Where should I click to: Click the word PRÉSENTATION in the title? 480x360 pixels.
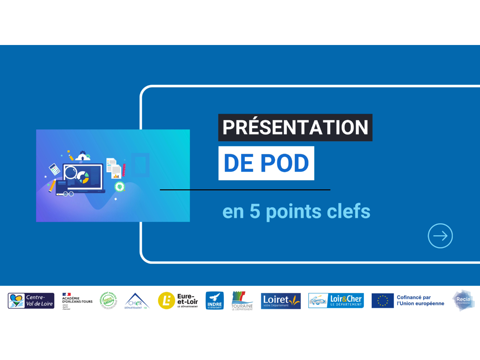tap(295, 128)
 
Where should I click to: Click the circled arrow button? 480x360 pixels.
tap(440, 236)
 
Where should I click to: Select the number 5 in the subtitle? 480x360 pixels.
tap(255, 211)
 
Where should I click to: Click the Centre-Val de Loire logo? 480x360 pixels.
tap(31, 301)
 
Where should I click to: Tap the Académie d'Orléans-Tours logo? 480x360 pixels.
tap(77, 301)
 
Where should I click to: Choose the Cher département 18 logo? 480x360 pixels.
tap(136, 301)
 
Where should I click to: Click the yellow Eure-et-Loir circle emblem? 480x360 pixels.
tap(166, 301)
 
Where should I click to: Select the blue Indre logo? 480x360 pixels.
tap(215, 301)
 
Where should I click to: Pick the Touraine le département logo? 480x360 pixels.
tap(242, 301)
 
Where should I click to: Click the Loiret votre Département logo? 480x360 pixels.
tap(281, 301)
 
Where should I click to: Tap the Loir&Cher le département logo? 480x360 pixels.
tap(336, 301)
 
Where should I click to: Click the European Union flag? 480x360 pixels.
tap(382, 301)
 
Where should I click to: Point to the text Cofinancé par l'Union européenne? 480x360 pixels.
tap(420, 300)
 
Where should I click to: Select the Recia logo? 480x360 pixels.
tap(463, 300)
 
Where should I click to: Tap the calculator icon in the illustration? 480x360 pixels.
tap(55, 169)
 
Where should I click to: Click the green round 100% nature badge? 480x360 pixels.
tap(109, 301)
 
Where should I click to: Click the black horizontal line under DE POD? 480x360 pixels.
tap(245, 190)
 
